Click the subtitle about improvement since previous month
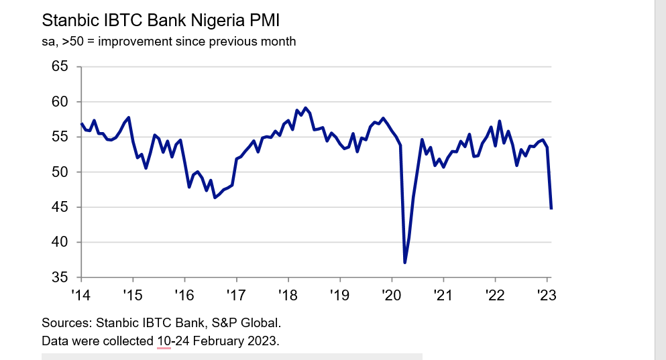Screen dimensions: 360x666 click(x=168, y=42)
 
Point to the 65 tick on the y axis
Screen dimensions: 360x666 click(x=60, y=66)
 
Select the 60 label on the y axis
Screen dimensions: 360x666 click(x=60, y=102)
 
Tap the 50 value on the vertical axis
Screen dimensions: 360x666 click(x=60, y=172)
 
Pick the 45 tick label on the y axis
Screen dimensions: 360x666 click(x=60, y=207)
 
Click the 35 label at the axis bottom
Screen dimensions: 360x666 click(x=60, y=278)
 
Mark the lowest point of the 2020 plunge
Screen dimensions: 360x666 click(x=404, y=262)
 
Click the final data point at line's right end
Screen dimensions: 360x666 click(x=551, y=208)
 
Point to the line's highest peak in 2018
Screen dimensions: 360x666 click(x=305, y=108)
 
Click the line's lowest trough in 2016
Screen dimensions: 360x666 click(x=215, y=198)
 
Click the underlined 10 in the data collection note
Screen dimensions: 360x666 click(x=164, y=341)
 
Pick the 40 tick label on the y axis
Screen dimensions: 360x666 click(x=60, y=242)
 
